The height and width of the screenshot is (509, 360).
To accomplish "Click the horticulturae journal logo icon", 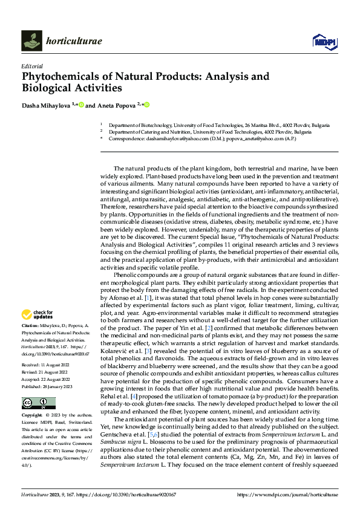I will click(x=31, y=40).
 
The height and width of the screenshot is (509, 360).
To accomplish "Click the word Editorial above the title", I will click(x=31, y=66).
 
